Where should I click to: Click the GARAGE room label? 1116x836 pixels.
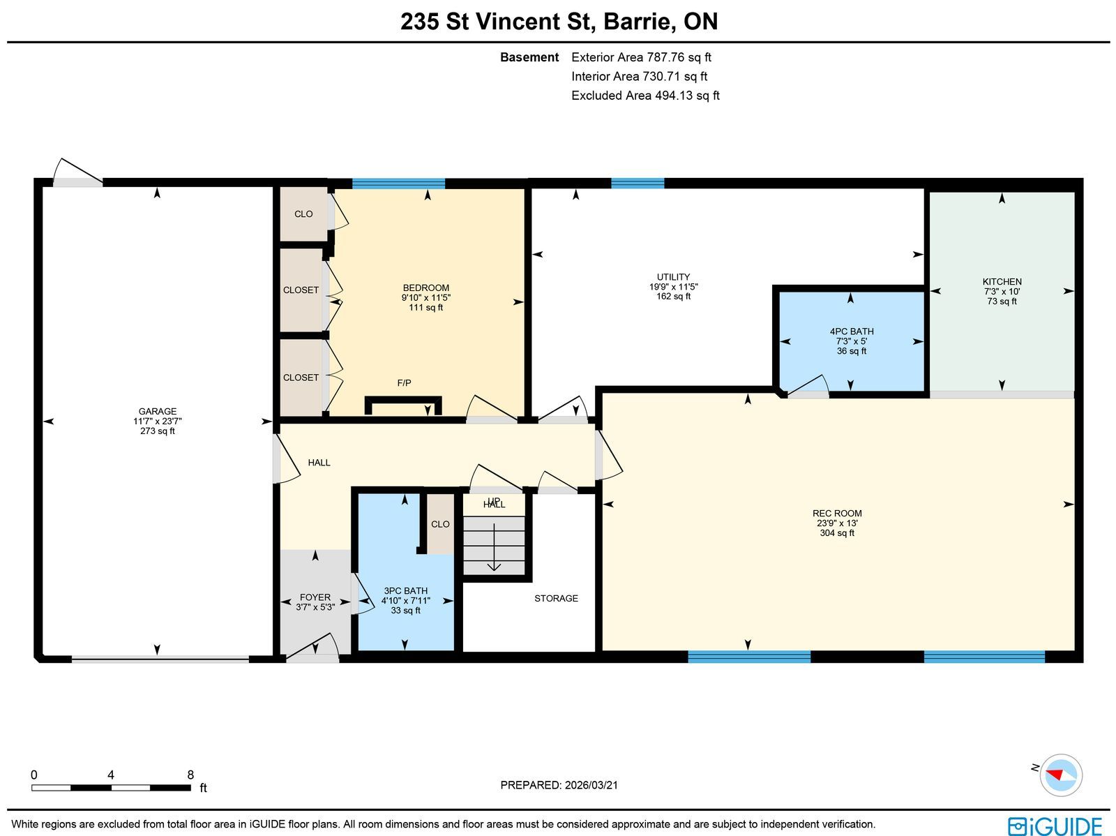coord(158,412)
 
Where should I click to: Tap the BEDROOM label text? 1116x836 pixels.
coord(426,288)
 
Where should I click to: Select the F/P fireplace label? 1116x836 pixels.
coord(404,383)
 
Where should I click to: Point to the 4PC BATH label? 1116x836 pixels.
coord(852,331)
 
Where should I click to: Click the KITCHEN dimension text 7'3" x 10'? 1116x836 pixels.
coord(1002,292)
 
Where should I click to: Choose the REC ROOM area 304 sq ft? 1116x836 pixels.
coord(837,533)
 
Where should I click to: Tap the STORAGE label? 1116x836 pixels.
coord(556,599)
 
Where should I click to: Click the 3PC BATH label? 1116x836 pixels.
coord(406,591)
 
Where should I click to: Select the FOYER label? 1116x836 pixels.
coord(315,597)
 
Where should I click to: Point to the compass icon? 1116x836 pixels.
coord(1061,775)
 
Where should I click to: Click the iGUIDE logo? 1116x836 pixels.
coord(1055,826)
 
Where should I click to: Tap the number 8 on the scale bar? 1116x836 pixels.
coord(190,775)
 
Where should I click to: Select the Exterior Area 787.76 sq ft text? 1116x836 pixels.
coord(641,57)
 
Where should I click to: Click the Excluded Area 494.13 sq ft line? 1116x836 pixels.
coord(645,96)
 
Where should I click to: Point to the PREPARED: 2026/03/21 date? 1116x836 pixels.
coord(559,785)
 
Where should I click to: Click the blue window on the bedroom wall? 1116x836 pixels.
coord(398,184)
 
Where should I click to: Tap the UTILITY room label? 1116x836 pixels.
coord(673,277)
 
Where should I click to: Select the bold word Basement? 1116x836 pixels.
coord(529,57)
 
